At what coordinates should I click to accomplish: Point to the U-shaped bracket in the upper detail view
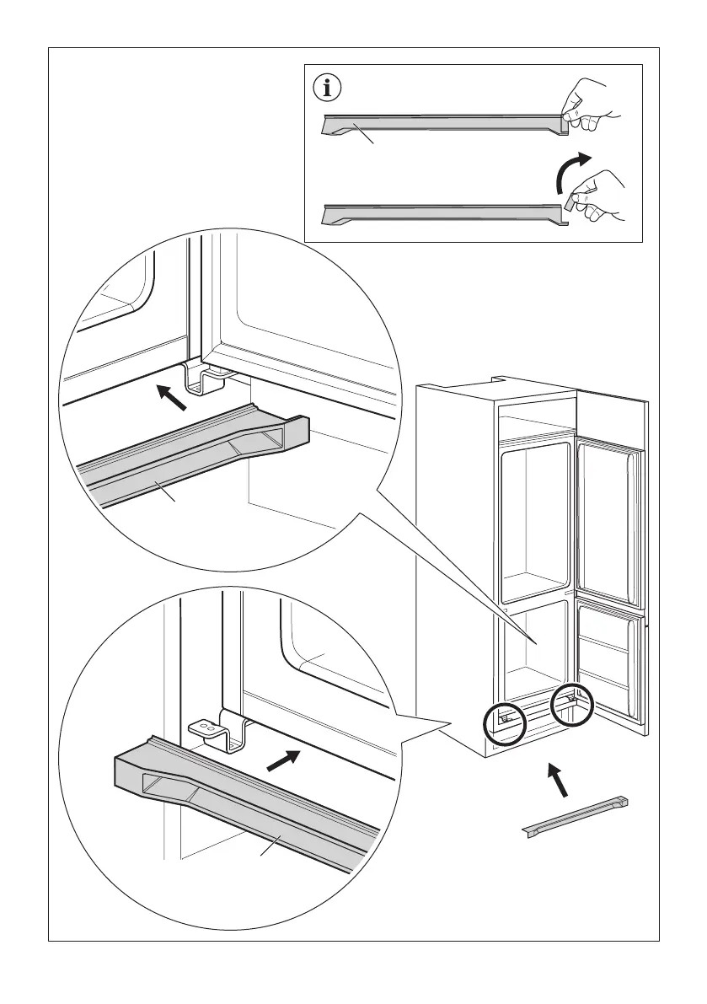click(203, 379)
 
